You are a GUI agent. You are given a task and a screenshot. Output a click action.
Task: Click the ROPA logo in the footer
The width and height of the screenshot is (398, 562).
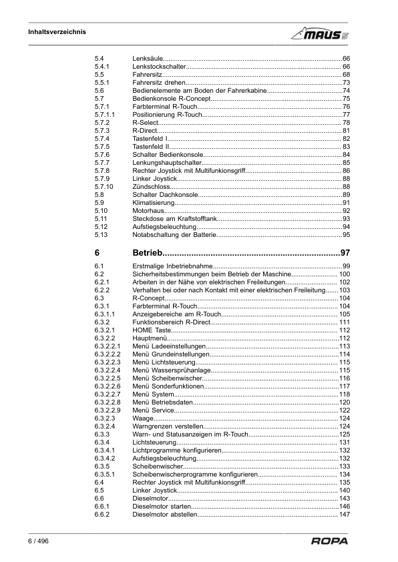click(x=330, y=541)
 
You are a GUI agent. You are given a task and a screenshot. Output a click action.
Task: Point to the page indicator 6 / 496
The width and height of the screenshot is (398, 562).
click(x=39, y=541)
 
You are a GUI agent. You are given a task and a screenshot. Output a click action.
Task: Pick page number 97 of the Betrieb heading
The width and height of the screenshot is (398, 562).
click(x=345, y=253)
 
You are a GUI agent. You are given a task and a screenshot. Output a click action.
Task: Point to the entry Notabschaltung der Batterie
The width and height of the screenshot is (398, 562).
click(x=174, y=235)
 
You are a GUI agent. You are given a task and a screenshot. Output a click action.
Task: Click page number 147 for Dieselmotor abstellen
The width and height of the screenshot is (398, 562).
click(x=345, y=515)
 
